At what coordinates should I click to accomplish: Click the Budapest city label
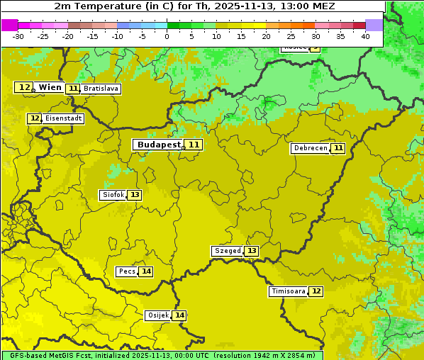159,145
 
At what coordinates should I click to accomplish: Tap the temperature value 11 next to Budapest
194,145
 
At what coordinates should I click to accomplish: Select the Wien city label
50,87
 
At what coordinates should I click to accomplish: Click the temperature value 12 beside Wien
24,87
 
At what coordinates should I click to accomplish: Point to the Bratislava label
100,89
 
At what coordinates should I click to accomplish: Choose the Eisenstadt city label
63,118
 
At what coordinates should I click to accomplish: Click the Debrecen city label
310,148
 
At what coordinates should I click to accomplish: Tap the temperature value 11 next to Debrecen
338,148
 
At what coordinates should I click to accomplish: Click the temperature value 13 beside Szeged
252,251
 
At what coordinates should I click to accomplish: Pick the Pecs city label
127,271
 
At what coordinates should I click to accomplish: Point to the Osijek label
157,315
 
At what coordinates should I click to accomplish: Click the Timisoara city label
288,291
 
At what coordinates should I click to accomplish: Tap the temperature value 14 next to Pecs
146,271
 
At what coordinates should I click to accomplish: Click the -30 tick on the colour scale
18,36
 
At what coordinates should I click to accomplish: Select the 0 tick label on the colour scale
167,36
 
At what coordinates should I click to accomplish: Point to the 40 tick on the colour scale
365,36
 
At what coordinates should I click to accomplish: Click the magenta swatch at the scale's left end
9,25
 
